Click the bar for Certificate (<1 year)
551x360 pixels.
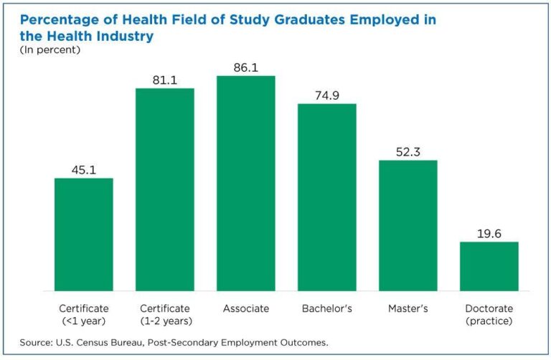[x=84, y=235]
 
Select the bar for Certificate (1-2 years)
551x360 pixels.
[x=165, y=189]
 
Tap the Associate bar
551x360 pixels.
[x=246, y=183]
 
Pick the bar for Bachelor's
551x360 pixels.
[x=327, y=197]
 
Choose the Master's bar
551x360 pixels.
[x=408, y=225]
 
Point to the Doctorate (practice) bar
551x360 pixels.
[x=489, y=266]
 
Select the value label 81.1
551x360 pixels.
[x=165, y=80]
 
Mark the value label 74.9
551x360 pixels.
[x=327, y=95]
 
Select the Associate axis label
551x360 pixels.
[x=246, y=308]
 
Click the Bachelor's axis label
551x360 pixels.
[x=327, y=308]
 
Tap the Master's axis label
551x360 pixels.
[x=408, y=308]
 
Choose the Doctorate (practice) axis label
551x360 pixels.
[x=489, y=314]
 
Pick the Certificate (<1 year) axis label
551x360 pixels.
[x=84, y=314]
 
